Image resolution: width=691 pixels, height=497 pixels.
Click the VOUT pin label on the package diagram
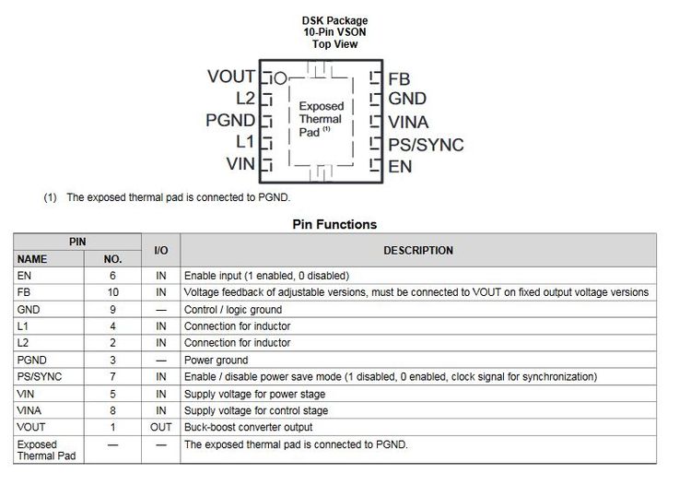[231, 77]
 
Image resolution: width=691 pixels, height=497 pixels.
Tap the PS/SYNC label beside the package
[426, 145]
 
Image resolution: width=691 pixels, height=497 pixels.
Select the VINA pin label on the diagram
[408, 122]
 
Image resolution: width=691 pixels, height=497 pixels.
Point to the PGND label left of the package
[230, 121]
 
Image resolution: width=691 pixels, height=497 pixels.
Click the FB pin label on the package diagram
[398, 78]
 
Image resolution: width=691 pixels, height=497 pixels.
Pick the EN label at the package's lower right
[400, 167]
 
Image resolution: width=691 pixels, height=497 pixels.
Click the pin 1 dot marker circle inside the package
[281, 77]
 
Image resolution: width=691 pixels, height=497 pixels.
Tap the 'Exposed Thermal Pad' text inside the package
[321, 119]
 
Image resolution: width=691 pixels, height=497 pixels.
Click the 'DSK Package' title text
[334, 20]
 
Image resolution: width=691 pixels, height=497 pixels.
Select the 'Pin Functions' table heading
[334, 224]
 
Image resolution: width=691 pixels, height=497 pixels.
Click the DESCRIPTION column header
[418, 250]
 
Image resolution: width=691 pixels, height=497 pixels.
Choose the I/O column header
[160, 250]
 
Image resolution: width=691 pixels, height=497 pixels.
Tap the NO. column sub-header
[112, 259]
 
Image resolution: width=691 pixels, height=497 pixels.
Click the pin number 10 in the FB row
[112, 292]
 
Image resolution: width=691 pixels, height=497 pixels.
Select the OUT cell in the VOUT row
[160, 427]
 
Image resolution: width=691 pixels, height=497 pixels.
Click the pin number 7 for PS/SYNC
[112, 376]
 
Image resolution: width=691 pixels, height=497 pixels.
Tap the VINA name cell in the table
[29, 410]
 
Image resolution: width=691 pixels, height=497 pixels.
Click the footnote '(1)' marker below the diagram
[50, 197]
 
